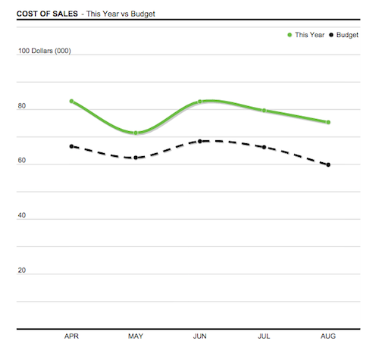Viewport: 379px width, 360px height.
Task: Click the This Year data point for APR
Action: (71, 101)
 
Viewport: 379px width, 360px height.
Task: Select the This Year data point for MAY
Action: (136, 133)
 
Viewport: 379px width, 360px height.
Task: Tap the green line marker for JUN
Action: (200, 101)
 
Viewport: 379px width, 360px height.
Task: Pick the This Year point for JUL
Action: (264, 111)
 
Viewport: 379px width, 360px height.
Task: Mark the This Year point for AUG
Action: (328, 122)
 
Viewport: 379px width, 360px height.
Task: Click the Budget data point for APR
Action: (71, 146)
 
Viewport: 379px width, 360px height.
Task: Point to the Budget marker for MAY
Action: (136, 158)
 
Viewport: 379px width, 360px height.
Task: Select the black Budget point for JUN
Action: (200, 141)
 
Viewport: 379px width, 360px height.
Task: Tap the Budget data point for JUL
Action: (264, 147)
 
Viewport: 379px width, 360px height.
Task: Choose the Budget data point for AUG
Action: (328, 164)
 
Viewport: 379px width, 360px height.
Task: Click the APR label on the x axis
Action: (71, 336)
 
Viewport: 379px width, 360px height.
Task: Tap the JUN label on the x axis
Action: (200, 336)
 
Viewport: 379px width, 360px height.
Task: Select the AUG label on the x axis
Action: (328, 336)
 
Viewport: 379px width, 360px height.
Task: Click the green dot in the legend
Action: (289, 35)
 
